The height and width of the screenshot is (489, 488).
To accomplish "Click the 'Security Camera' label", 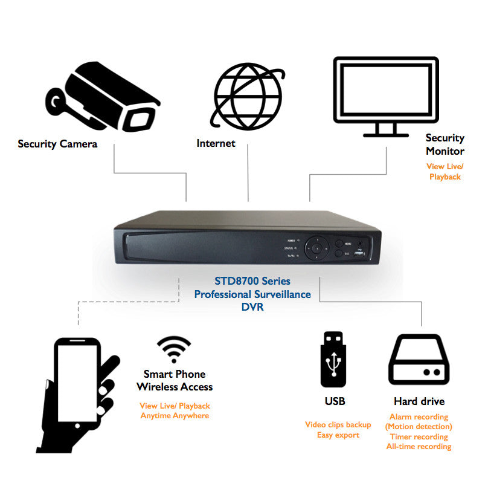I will point(57,144).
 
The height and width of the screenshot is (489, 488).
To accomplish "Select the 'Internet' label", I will point(216,143).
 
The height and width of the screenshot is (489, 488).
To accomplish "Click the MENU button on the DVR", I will point(340,243).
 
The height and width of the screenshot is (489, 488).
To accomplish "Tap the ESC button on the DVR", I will point(339,254).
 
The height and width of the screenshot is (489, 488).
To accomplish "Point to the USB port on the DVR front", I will point(361,254).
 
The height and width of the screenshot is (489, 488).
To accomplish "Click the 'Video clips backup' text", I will point(338,425).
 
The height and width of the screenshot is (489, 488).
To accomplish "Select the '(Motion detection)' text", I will point(419,427).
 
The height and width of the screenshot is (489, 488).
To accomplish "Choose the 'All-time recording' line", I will point(419,447).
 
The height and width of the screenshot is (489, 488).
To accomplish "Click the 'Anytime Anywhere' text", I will point(175,416).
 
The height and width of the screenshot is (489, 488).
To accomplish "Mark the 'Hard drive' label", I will point(419,401).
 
